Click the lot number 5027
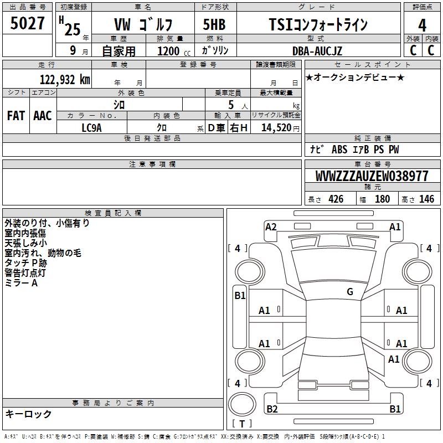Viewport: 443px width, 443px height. click(27, 23)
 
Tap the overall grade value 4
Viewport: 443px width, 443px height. click(422, 25)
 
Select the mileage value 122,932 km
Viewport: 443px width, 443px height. click(65, 80)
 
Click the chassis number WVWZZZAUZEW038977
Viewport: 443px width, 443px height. click(372, 176)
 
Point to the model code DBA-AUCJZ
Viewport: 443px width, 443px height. click(317, 51)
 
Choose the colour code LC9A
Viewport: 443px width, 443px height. click(91, 128)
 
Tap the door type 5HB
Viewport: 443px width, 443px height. click(214, 24)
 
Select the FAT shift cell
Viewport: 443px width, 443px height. click(16, 116)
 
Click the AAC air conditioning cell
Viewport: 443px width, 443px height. click(43, 116)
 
